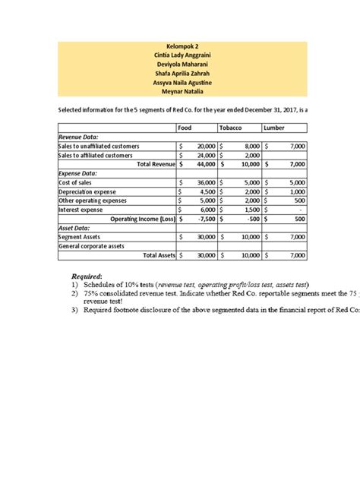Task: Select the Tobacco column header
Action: [231, 128]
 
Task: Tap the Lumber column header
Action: [274, 128]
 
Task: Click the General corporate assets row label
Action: [96, 246]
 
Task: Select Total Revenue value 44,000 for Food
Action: [205, 164]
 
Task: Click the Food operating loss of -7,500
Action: [206, 219]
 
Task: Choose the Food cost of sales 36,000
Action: [205, 182]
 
